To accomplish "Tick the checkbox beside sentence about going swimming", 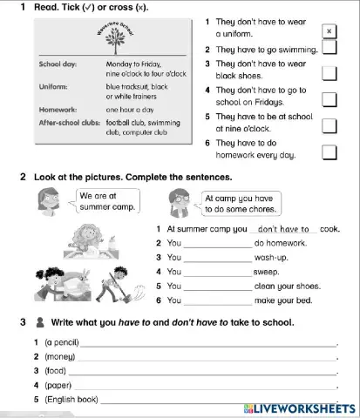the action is (329, 47).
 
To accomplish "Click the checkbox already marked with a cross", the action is (329, 30).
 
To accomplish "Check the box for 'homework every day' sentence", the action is (329, 152).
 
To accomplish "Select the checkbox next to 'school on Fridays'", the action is (329, 99).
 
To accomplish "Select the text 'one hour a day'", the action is (131, 111).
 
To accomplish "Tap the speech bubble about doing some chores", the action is (238, 204).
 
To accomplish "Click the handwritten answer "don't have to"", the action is (285, 229).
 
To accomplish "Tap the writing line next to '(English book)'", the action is (218, 400).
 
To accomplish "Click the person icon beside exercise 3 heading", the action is (41, 322).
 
